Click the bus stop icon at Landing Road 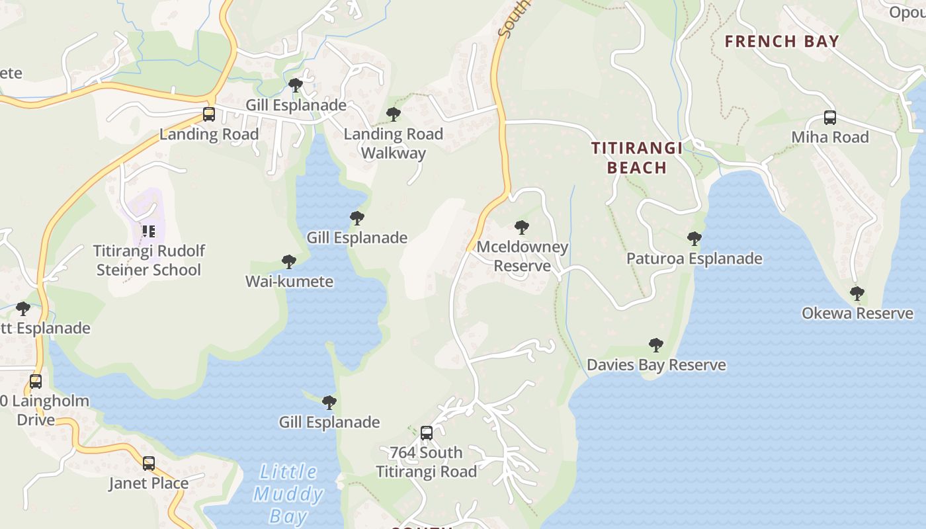pyautogui.click(x=208, y=114)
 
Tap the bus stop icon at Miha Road pyautogui.click(x=830, y=118)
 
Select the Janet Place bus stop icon pyautogui.click(x=149, y=464)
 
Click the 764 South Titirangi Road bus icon pyautogui.click(x=427, y=433)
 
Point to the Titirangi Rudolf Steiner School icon pyautogui.click(x=149, y=231)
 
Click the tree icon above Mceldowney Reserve pyautogui.click(x=522, y=227)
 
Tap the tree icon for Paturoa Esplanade pyautogui.click(x=694, y=239)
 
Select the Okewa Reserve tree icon pyautogui.click(x=857, y=294)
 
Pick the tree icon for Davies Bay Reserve pyautogui.click(x=656, y=345)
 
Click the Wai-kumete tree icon pyautogui.click(x=288, y=262)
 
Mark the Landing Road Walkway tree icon pyautogui.click(x=394, y=114)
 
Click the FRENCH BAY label pyautogui.click(x=782, y=41)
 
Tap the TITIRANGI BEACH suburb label pyautogui.click(x=637, y=157)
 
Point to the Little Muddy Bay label pyautogui.click(x=288, y=494)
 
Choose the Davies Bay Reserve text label pyautogui.click(x=656, y=365)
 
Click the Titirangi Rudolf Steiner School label pyautogui.click(x=149, y=261)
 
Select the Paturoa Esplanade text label pyautogui.click(x=694, y=259)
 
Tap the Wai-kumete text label pyautogui.click(x=289, y=282)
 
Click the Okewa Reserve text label pyautogui.click(x=857, y=313)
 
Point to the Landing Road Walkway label pyautogui.click(x=394, y=143)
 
